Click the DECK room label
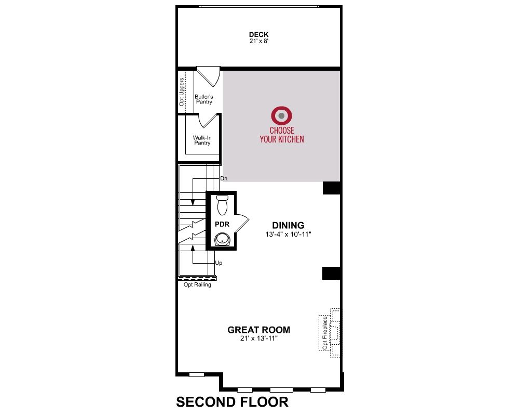click(x=259, y=34)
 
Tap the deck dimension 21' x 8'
click(x=259, y=41)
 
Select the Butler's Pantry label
click(x=204, y=99)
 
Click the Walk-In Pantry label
click(x=202, y=140)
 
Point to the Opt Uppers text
click(x=182, y=92)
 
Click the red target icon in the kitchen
click(x=281, y=116)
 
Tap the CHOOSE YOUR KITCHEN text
click(x=282, y=135)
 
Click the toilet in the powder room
click(x=223, y=205)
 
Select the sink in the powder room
click(x=222, y=239)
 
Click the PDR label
click(x=222, y=225)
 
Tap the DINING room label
click(x=288, y=225)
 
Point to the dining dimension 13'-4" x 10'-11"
click(x=288, y=234)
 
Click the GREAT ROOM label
click(x=259, y=330)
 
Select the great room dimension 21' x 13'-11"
click(x=259, y=339)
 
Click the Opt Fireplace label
click(x=325, y=333)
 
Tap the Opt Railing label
click(x=197, y=284)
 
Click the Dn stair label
click(x=224, y=178)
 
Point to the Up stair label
click(x=218, y=263)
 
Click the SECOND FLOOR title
click(x=232, y=402)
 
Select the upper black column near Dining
click(x=331, y=188)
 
